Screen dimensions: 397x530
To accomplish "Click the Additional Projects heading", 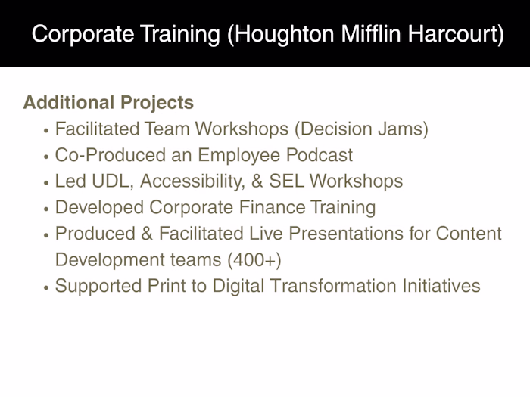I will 108,103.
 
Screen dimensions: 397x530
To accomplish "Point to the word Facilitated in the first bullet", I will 98,129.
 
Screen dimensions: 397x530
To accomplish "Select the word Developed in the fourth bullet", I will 97,207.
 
